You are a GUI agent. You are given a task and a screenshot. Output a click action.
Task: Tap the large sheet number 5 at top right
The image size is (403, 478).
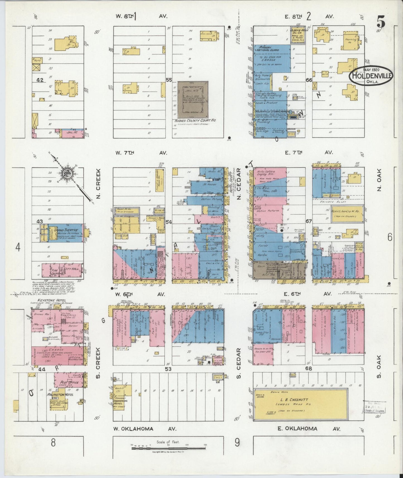click(x=381, y=21)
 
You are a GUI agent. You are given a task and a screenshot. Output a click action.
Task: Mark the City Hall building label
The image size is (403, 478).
click(x=70, y=269)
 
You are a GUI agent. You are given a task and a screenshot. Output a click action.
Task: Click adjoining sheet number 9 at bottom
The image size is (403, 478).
click(x=237, y=443)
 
